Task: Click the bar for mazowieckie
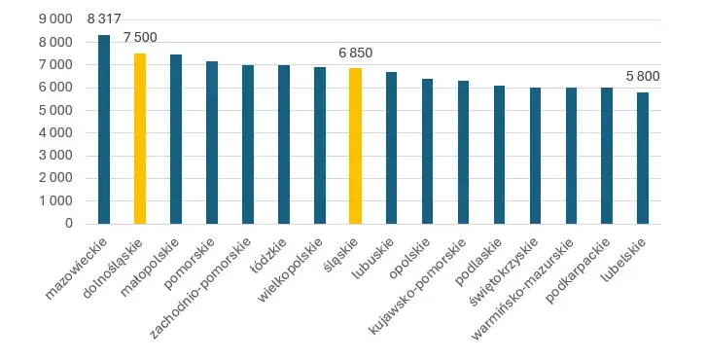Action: coord(104,129)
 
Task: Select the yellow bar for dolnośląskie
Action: coord(140,138)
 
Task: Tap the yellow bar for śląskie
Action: coord(355,146)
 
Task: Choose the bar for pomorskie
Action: coord(212,142)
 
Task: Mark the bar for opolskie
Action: coord(427,151)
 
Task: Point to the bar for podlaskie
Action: coord(499,155)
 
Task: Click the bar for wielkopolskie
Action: coord(320,145)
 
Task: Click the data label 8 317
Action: coord(104,19)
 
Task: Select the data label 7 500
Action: coord(140,37)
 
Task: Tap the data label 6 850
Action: coord(355,53)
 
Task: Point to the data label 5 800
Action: coord(643,76)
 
